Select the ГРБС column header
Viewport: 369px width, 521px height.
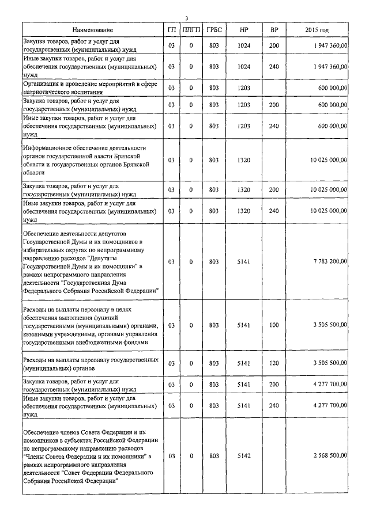[x=214, y=29]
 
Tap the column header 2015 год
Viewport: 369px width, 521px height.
[x=317, y=29]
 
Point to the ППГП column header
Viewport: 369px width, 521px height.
[x=191, y=29]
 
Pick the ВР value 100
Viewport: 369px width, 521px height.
[x=274, y=325]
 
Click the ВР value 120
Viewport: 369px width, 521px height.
[x=274, y=363]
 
